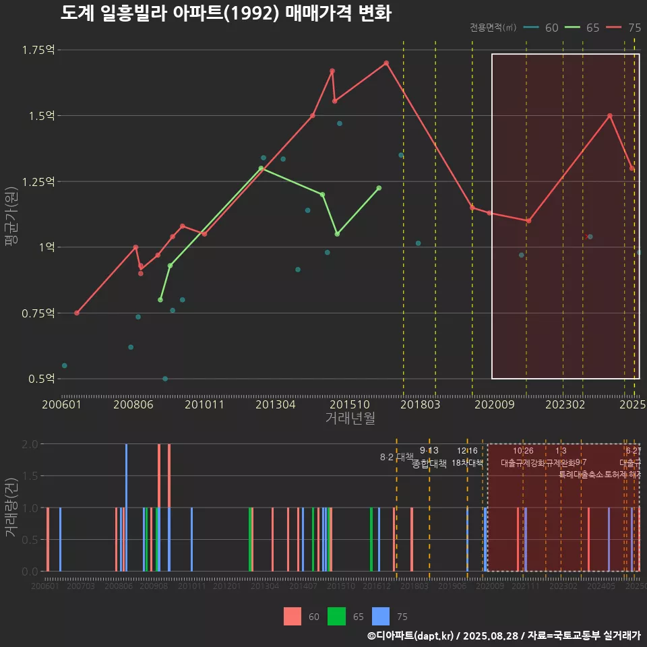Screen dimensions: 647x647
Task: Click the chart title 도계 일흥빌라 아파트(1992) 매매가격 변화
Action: point(226,13)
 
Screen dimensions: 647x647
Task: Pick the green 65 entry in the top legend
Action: point(582,28)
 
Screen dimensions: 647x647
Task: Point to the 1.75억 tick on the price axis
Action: point(38,50)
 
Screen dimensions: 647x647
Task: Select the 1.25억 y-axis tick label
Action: point(38,182)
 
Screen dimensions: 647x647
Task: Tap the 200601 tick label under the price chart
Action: point(61,405)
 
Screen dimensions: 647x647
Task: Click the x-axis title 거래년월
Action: point(350,419)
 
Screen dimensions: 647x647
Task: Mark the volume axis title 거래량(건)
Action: point(11,507)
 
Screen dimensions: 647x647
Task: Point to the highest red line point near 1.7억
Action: point(386,63)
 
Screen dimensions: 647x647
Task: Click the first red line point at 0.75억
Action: point(77,313)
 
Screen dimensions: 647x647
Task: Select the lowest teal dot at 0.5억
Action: point(165,379)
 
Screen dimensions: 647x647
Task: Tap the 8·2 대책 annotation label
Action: point(396,457)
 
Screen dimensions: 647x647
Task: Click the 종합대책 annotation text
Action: point(429,464)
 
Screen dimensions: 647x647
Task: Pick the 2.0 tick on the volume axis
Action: point(30,444)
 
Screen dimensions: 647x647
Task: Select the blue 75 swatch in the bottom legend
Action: point(381,616)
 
